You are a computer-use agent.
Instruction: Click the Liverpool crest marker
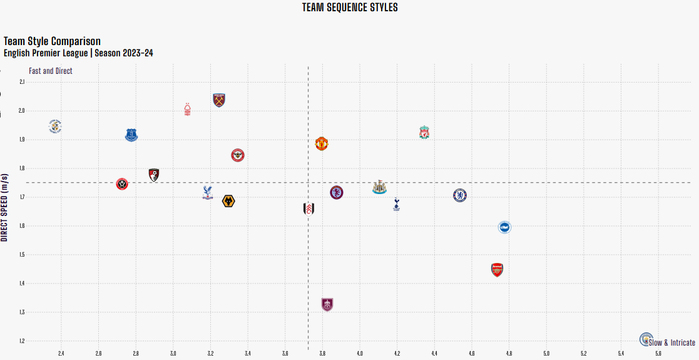tap(424, 133)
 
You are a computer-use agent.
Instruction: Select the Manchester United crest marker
tap(322, 143)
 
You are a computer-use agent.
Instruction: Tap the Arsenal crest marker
tap(497, 270)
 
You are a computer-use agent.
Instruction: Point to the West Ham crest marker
tap(218, 100)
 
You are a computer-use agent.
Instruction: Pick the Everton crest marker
tap(131, 135)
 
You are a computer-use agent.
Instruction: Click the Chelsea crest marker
tap(460, 195)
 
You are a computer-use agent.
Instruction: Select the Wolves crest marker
tap(228, 201)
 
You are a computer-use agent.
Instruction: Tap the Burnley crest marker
tap(327, 305)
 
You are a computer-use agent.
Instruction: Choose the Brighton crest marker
tap(504, 227)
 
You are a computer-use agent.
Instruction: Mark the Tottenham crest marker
tap(396, 204)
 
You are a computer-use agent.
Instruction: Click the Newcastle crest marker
tap(379, 187)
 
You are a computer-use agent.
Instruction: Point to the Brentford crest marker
tap(238, 155)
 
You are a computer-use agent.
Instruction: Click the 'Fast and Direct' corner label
tap(51, 71)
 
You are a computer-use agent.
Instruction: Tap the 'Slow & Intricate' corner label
tap(672, 342)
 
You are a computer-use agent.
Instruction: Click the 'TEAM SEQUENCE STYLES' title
tap(350, 8)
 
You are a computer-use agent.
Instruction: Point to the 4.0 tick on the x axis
tap(359, 354)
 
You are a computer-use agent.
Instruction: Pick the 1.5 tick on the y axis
tap(22, 255)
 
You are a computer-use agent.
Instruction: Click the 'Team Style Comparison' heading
tap(52, 41)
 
